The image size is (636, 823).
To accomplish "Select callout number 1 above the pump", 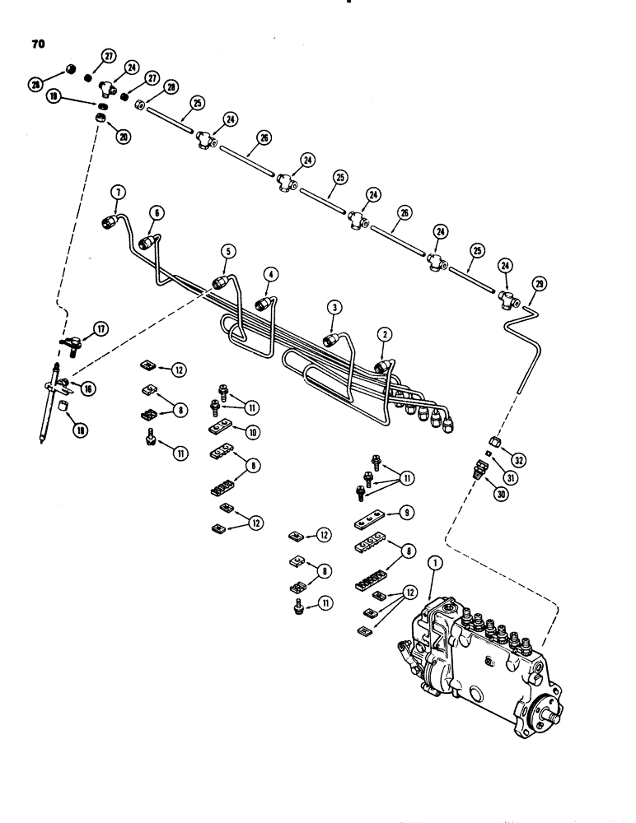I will click(437, 565).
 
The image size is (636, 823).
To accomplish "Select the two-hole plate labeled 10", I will click(221, 430).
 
